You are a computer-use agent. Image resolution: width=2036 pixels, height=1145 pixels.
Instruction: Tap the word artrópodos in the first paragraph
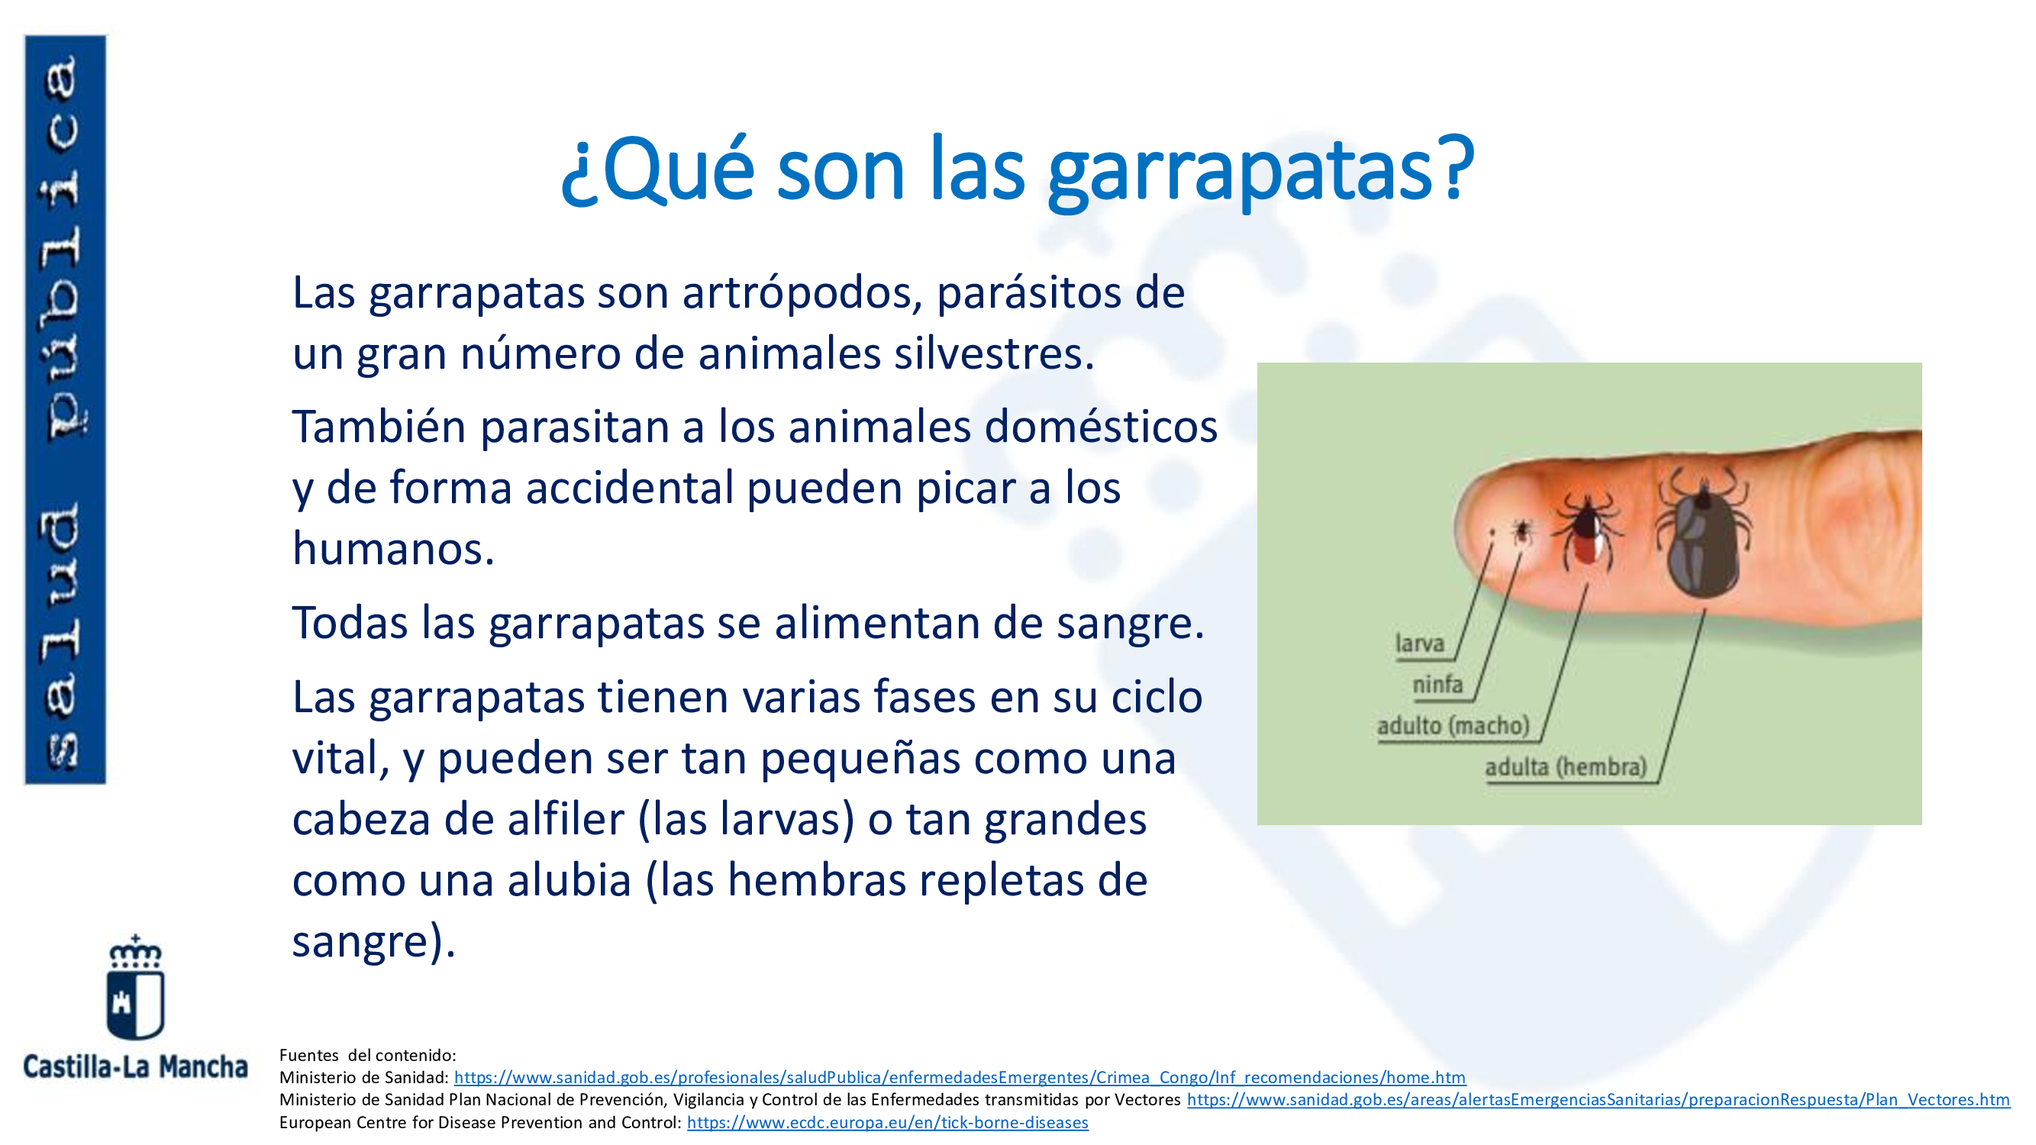click(802, 294)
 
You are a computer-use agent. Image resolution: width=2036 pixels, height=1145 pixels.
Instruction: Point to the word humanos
click(393, 548)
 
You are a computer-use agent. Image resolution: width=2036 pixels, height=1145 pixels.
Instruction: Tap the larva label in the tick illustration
click(1419, 643)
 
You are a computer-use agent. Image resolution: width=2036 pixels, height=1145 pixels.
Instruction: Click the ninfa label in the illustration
click(1437, 683)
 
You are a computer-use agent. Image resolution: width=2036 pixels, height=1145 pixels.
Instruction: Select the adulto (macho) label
click(1454, 725)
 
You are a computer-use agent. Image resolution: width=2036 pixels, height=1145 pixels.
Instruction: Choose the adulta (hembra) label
click(1566, 766)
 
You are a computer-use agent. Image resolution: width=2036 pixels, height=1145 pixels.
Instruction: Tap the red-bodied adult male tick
click(1586, 529)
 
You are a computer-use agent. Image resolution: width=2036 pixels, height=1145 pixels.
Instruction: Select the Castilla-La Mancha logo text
click(135, 1067)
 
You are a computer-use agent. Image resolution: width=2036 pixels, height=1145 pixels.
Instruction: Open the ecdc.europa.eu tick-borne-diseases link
click(888, 1123)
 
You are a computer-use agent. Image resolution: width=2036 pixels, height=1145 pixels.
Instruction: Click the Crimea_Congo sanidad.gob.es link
click(960, 1078)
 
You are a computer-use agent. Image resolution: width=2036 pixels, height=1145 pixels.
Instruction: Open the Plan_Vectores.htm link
click(1598, 1100)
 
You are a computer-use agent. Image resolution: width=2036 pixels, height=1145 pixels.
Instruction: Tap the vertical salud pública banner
click(65, 409)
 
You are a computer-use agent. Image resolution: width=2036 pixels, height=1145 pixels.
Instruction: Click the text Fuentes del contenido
click(367, 1056)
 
